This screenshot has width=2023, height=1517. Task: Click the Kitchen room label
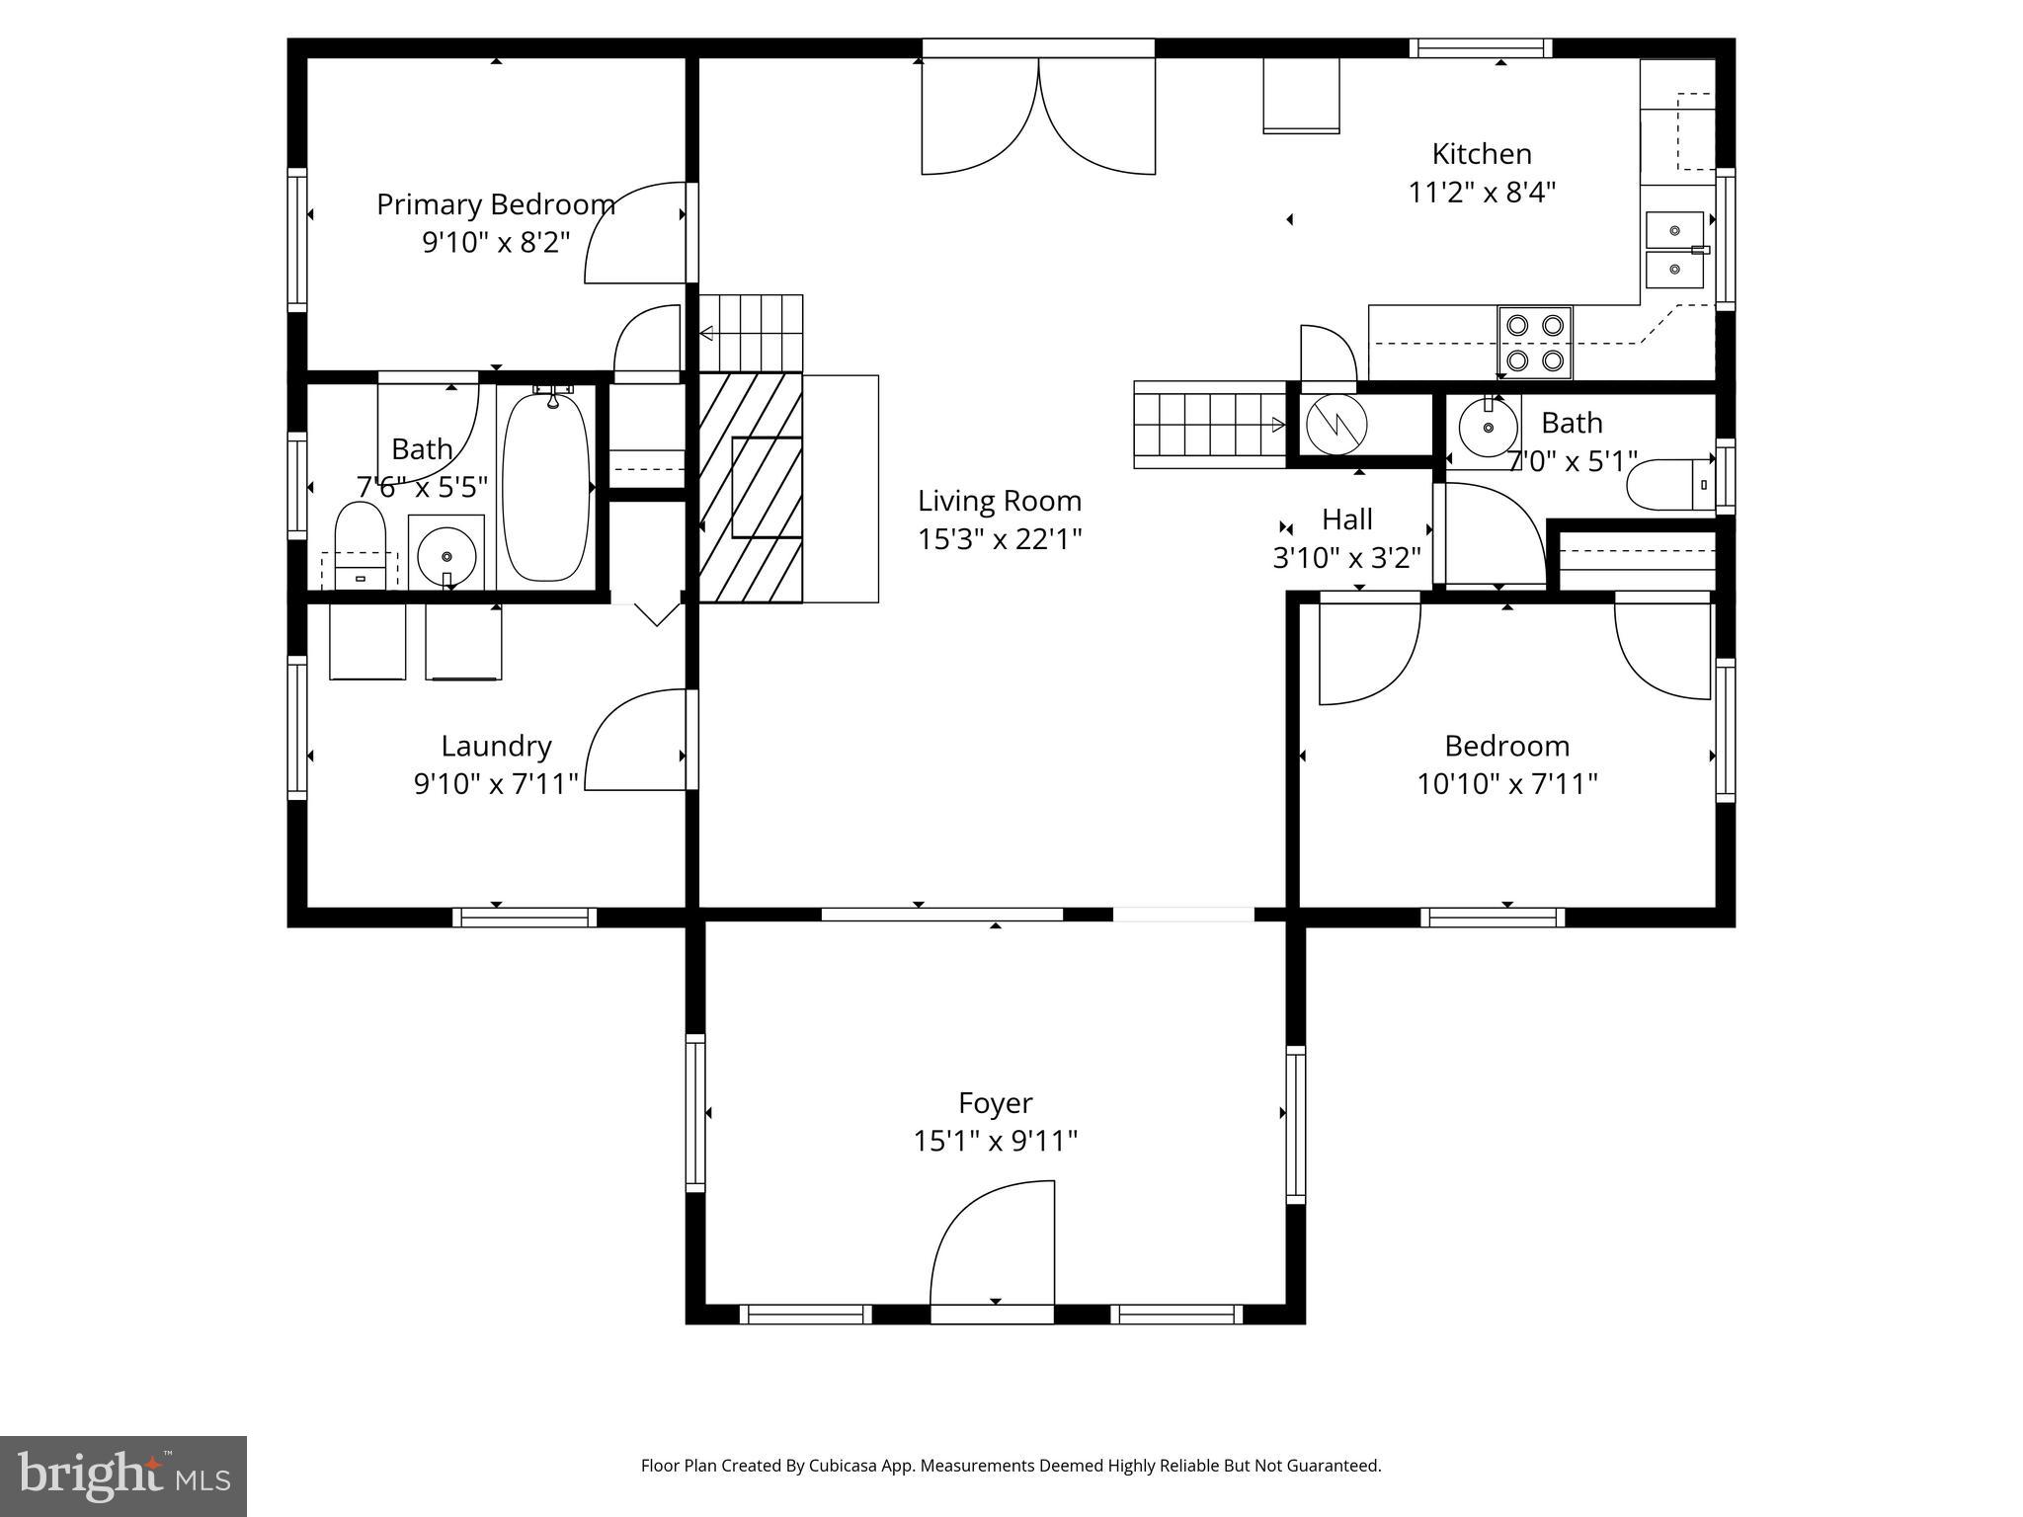(1481, 154)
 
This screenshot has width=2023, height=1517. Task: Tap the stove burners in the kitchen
(1534, 342)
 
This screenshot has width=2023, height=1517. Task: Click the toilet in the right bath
(1669, 484)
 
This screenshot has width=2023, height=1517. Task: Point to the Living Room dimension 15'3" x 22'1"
(1000, 539)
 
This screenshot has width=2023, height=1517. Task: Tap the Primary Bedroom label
(496, 204)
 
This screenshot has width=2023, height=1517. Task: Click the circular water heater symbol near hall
(1335, 425)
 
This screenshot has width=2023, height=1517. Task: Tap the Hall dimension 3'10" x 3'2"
(1346, 558)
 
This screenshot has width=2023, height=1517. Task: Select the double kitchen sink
(1674, 249)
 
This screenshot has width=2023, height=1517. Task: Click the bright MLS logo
(122, 1476)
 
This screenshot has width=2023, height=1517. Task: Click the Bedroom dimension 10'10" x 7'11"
(1506, 784)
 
